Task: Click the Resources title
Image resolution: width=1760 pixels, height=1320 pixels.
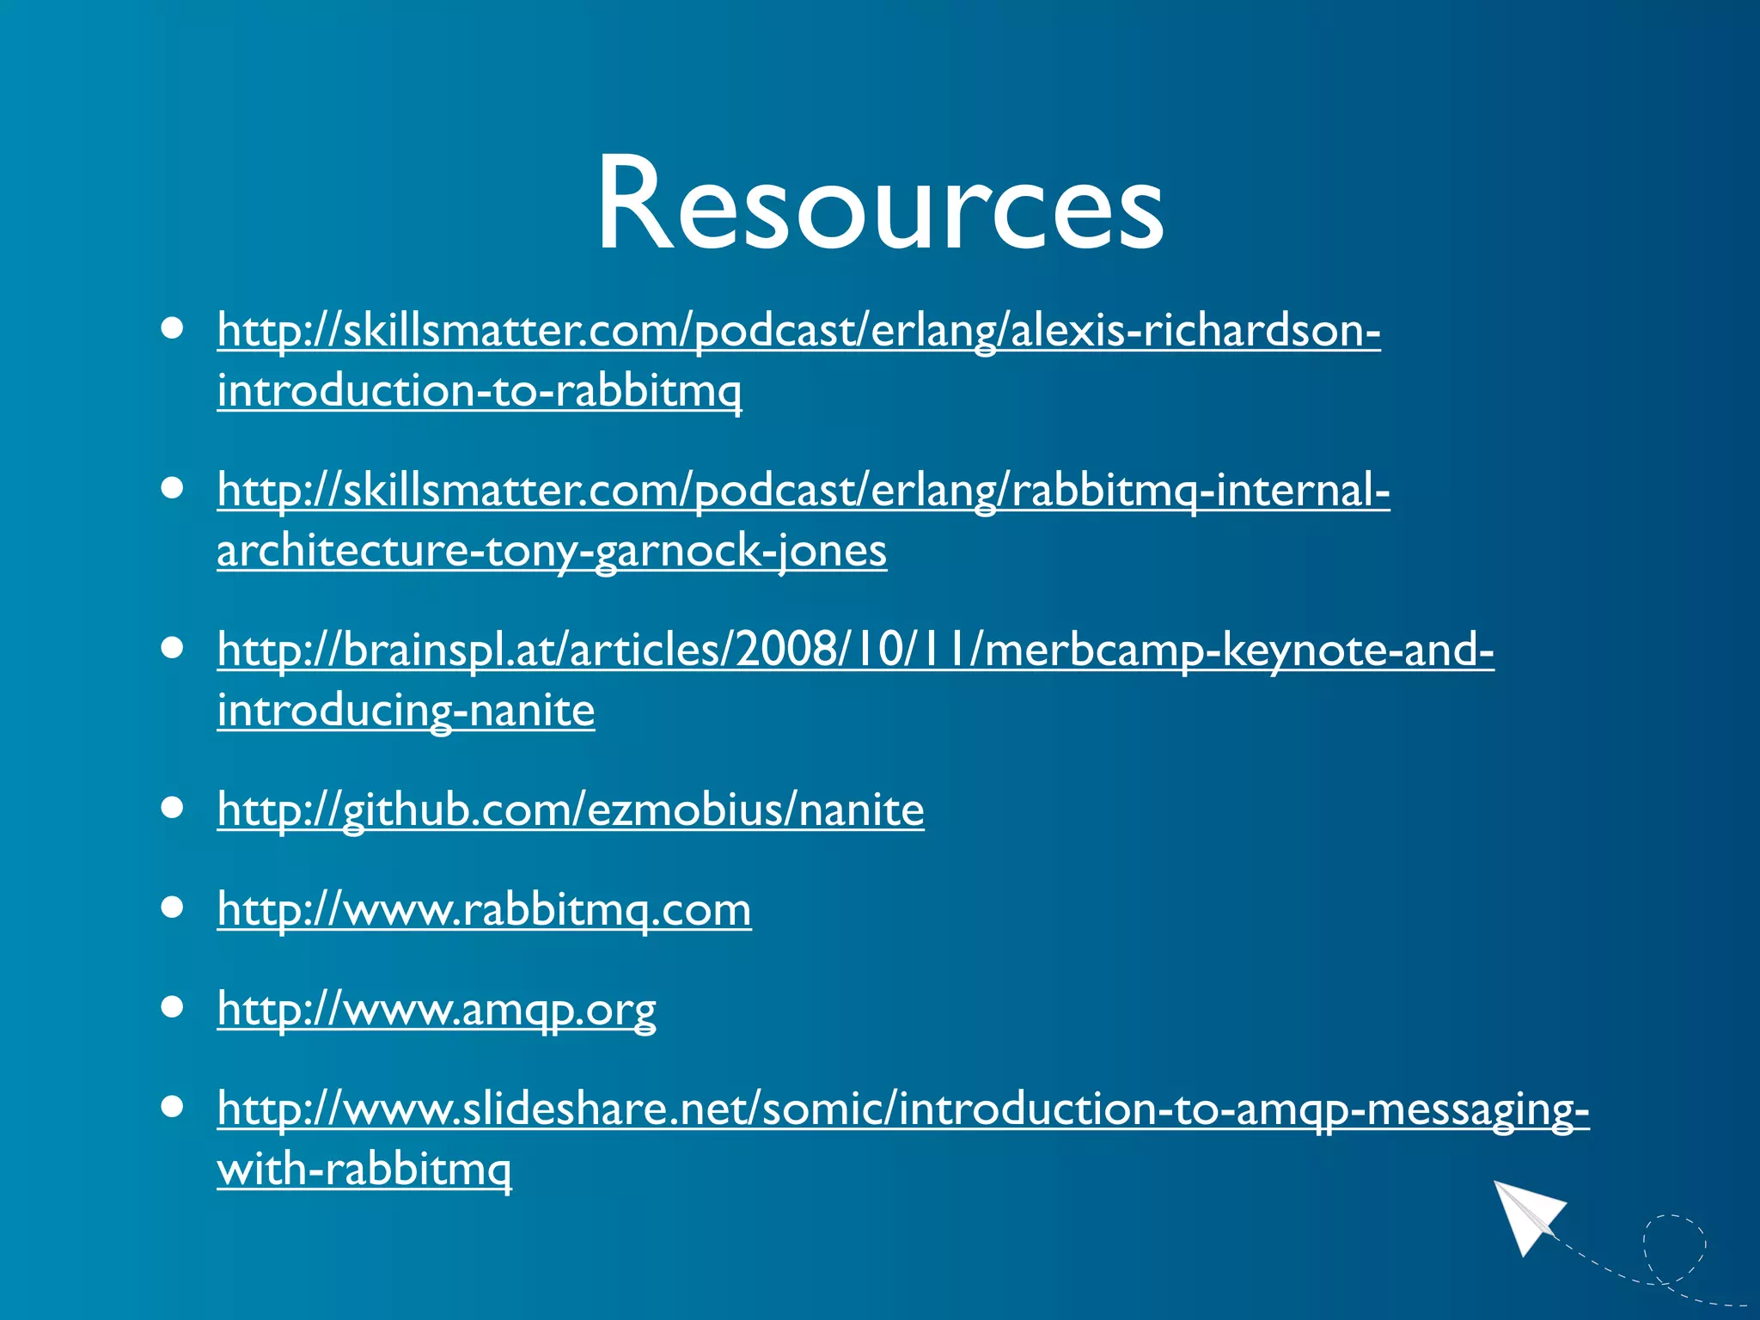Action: click(880, 205)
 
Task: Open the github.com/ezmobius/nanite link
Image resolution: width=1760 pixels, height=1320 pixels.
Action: click(571, 810)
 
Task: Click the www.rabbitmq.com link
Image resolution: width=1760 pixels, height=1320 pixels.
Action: click(484, 909)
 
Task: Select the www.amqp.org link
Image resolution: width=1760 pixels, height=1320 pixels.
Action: click(437, 1009)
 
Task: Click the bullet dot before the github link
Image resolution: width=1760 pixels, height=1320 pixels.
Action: click(173, 808)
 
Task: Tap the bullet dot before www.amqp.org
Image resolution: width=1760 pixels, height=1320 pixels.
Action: click(173, 1007)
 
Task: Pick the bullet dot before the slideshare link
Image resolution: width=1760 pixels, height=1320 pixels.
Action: click(173, 1107)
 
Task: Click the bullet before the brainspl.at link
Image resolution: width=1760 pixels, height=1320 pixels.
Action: click(173, 648)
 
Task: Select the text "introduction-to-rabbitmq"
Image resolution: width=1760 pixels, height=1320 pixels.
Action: click(479, 391)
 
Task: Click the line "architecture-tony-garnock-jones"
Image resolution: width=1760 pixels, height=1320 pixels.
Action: click(552, 551)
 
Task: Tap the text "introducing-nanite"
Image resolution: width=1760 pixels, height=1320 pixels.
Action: click(406, 711)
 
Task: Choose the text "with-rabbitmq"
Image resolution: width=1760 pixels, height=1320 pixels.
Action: click(364, 1170)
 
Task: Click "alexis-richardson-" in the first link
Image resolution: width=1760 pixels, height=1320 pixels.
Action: click(1195, 331)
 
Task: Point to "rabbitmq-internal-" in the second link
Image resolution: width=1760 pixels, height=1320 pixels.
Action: click(1201, 491)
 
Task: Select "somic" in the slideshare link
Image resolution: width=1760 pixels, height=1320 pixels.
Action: click(824, 1109)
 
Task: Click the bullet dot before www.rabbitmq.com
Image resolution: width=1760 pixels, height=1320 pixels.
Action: click(173, 907)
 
